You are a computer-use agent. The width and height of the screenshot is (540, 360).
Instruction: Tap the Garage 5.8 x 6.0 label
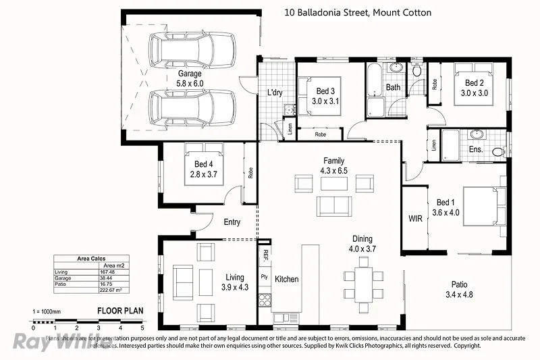[x=190, y=78]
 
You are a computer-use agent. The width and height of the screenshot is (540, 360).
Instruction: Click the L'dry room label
[x=275, y=92]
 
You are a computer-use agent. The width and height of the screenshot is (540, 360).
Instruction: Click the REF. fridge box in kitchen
[x=265, y=256]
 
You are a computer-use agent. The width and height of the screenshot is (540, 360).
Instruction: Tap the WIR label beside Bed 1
[x=415, y=219]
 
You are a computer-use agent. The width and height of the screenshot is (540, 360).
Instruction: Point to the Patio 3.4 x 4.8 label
[x=456, y=289]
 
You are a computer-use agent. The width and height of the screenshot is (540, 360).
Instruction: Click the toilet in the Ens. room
[x=499, y=151]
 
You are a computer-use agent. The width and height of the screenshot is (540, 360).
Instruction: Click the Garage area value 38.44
[x=107, y=278]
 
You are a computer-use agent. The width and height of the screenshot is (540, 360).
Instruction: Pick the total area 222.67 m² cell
[x=108, y=290]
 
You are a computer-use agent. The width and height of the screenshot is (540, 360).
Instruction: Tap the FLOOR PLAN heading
[x=120, y=311]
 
